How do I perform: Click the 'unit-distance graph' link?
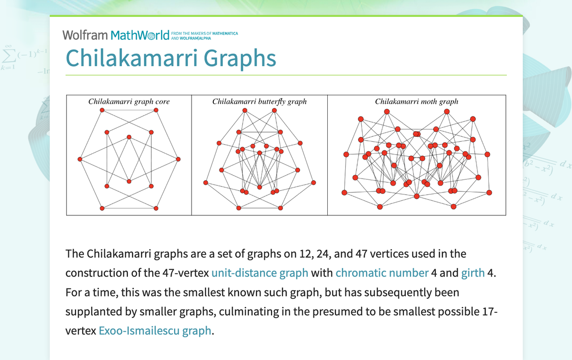click(260, 273)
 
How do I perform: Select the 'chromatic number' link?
click(381, 273)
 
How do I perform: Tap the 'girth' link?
click(473, 273)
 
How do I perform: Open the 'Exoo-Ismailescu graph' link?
click(155, 330)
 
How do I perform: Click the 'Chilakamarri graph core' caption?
click(129, 101)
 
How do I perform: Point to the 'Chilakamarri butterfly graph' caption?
click(259, 101)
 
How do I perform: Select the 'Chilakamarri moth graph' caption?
click(416, 101)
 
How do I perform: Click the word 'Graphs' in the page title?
click(233, 58)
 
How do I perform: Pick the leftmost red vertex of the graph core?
click(80, 159)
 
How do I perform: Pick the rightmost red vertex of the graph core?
click(178, 159)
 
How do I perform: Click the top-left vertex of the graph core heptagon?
click(102, 110)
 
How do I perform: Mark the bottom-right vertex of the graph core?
click(156, 208)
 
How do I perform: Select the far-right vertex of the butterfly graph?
click(313, 183)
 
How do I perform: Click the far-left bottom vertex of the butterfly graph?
click(206, 183)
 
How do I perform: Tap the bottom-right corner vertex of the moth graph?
click(489, 192)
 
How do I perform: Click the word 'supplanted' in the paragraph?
click(90, 311)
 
